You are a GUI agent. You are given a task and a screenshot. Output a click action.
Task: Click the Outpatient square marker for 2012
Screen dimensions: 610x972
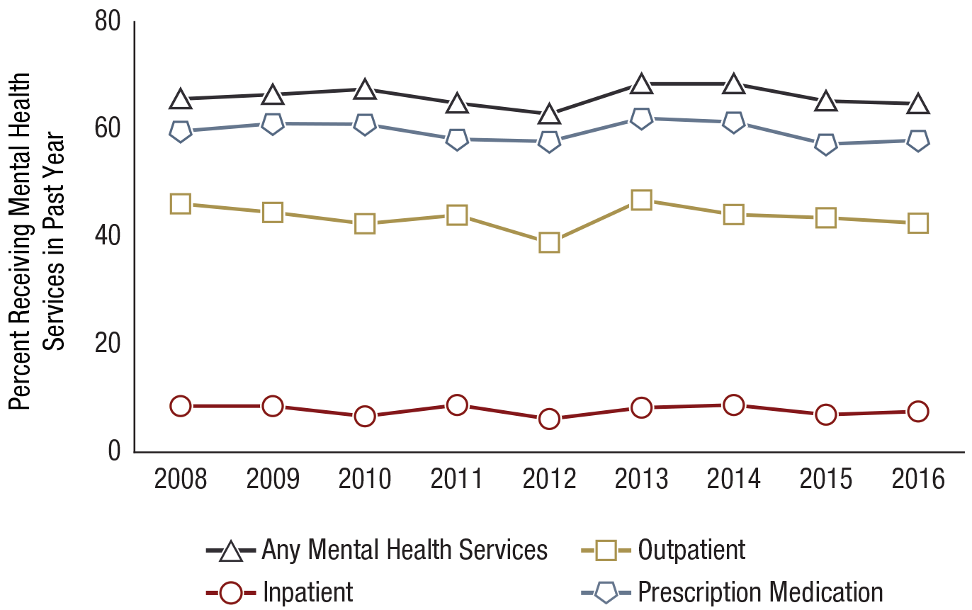tap(549, 243)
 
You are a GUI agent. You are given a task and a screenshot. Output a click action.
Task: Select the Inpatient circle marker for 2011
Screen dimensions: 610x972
tap(457, 405)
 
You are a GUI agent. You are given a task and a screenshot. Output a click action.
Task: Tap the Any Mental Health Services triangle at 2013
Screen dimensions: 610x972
tap(641, 84)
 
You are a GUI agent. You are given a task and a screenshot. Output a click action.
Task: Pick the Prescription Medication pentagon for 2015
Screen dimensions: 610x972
tap(825, 145)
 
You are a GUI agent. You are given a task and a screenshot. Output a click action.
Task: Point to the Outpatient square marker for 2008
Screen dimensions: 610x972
tap(181, 204)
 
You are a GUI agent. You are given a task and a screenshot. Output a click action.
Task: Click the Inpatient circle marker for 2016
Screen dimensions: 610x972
tap(917, 412)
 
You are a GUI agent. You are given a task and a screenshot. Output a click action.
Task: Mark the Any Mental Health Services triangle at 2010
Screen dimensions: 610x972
tap(365, 90)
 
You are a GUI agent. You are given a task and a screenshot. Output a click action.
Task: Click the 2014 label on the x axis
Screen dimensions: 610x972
tap(733, 479)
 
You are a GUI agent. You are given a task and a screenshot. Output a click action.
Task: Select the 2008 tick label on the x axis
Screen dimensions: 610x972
tap(181, 479)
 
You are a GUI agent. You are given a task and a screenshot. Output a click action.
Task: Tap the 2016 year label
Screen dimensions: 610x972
tap(917, 479)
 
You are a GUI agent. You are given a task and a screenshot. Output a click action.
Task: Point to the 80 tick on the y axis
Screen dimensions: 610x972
tap(109, 22)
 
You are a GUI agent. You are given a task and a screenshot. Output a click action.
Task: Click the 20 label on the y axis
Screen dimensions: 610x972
tap(109, 343)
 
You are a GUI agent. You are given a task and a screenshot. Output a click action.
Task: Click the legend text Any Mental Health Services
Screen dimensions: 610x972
tap(405, 550)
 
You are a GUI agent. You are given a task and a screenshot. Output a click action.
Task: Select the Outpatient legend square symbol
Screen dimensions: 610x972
tap(604, 550)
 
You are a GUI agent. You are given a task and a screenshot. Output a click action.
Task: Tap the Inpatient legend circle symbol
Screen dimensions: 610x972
tap(230, 592)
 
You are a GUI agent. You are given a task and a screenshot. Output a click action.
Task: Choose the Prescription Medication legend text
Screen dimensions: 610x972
tap(760, 592)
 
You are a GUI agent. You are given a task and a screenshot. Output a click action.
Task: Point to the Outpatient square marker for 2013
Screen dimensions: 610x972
tap(641, 200)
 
